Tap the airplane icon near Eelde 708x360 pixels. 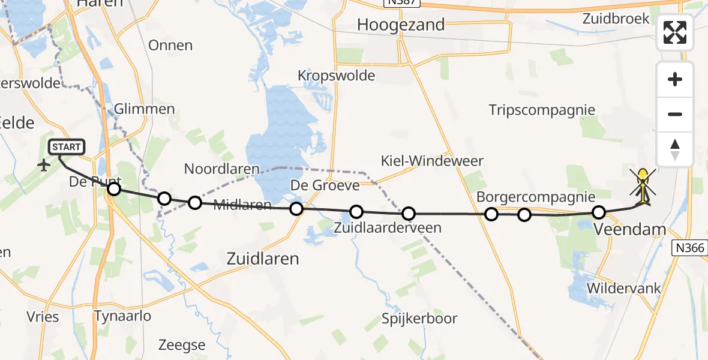click(44, 165)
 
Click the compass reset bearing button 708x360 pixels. click(675, 149)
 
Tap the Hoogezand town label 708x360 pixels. click(401, 25)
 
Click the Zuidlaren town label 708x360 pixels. click(263, 258)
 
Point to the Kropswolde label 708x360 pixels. click(337, 76)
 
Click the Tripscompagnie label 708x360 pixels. click(542, 110)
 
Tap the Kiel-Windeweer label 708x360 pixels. click(432, 161)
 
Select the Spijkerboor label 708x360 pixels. click(420, 319)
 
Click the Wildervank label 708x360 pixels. click(623, 288)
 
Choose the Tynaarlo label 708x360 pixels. click(122, 316)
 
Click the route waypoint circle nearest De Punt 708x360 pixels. click(113, 190)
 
